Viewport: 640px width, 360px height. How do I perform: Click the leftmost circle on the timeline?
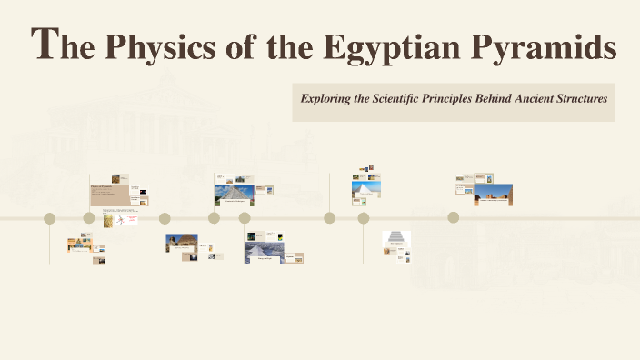coord(50,218)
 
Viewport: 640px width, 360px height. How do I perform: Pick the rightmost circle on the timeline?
coord(453,217)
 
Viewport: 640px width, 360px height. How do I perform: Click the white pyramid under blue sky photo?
coord(366,190)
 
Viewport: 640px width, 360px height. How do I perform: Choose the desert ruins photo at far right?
coord(493,195)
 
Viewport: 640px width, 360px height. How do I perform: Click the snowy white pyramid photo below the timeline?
coord(263,250)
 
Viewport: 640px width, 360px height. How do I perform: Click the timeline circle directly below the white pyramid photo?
coord(364,218)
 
